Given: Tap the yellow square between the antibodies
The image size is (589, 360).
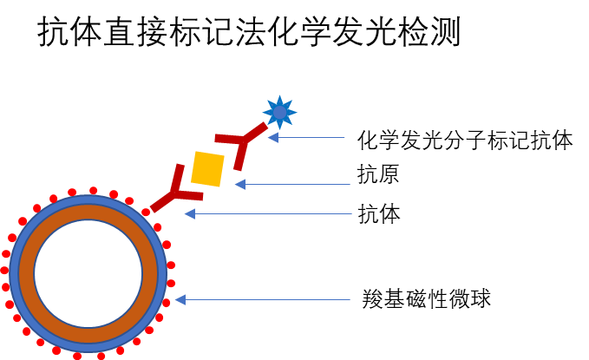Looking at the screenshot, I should (207, 169).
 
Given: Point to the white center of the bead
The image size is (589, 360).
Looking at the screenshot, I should (88, 273).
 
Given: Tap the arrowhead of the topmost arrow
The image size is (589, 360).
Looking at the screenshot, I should (272, 137).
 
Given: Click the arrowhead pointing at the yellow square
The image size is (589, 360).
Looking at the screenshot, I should (239, 184).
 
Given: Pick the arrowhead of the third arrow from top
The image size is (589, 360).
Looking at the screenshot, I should (188, 213).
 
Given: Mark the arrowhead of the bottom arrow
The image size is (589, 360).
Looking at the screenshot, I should (180, 299).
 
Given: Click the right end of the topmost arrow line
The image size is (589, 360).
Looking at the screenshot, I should (344, 137).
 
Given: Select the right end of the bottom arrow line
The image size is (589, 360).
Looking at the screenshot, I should (350, 299).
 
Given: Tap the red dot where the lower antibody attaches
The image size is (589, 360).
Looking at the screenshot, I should (146, 213).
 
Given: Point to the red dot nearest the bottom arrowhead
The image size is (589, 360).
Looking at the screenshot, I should (167, 303).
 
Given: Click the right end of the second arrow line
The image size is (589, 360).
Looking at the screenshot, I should (350, 184).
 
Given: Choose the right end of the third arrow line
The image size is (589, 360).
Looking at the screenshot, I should (351, 213).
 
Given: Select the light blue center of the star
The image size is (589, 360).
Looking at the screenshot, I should (279, 113).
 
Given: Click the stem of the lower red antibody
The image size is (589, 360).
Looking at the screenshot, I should (162, 202).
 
